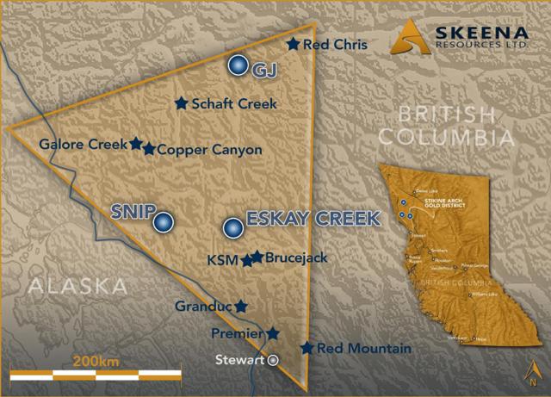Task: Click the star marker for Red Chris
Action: click(x=294, y=44)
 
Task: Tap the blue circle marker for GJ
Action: click(x=238, y=65)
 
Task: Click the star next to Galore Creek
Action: click(x=136, y=144)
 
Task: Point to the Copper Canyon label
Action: click(x=209, y=149)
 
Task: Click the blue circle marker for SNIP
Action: click(x=163, y=222)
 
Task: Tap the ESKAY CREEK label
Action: click(x=313, y=219)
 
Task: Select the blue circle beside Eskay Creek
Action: click(x=232, y=228)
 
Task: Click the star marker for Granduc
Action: click(x=241, y=306)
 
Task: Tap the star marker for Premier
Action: click(x=272, y=333)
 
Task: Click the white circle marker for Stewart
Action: click(x=273, y=360)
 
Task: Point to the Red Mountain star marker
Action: click(x=306, y=348)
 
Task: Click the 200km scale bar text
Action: click(x=96, y=360)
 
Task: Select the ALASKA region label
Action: click(x=77, y=285)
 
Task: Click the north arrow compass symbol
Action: click(x=533, y=373)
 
